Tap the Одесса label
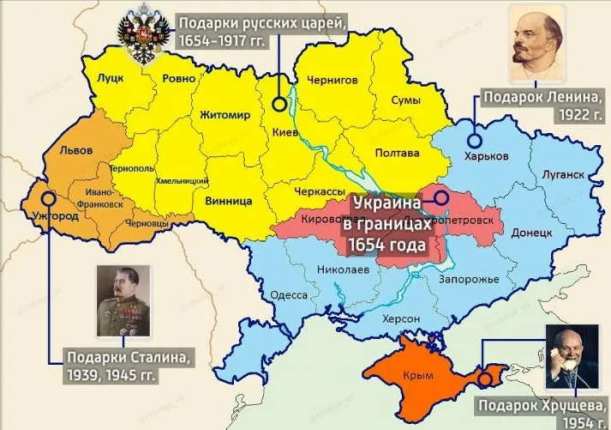289,295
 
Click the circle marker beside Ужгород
48,197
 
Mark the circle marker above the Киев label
279,105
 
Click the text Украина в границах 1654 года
386,226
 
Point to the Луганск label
563,174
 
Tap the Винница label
229,201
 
